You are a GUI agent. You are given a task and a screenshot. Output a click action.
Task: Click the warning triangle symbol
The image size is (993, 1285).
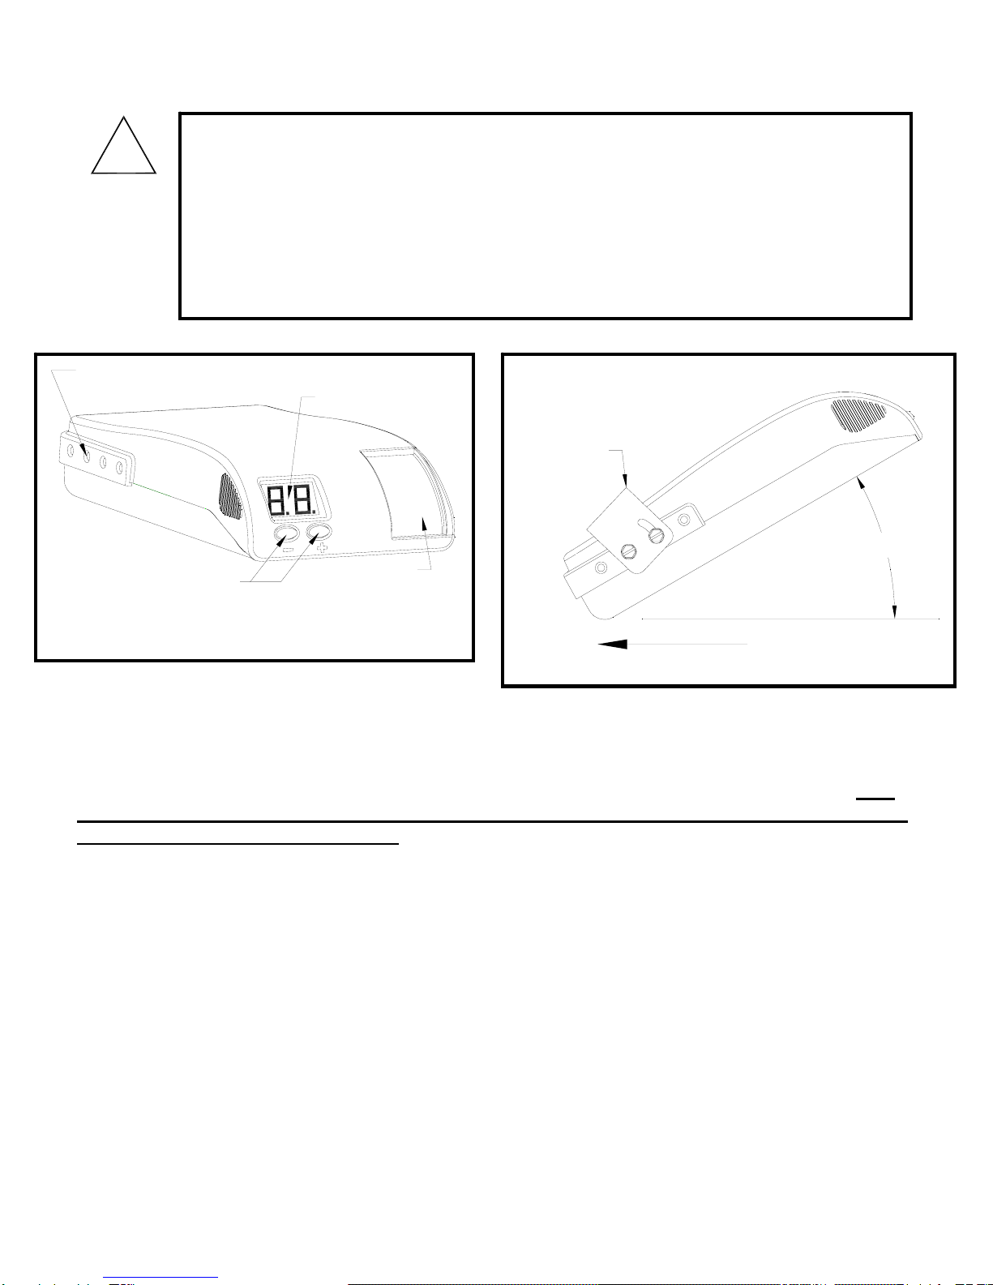pyautogui.click(x=123, y=145)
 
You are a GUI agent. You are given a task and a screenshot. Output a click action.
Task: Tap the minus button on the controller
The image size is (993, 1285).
pyautogui.click(x=286, y=536)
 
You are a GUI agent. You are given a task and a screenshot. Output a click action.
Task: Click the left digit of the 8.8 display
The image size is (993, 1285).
pyautogui.click(x=276, y=500)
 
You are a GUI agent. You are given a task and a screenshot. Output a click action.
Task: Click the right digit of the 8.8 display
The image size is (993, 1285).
pyautogui.click(x=302, y=500)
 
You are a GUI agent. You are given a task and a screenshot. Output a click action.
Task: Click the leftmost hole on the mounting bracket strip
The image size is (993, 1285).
pyautogui.click(x=71, y=452)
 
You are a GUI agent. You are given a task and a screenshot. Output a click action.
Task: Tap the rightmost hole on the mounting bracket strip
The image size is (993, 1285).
pyautogui.click(x=119, y=468)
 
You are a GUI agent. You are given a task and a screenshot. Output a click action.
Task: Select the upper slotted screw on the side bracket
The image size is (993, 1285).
pyautogui.click(x=657, y=537)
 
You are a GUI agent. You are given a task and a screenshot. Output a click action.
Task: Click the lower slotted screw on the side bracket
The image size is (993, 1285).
pyautogui.click(x=628, y=552)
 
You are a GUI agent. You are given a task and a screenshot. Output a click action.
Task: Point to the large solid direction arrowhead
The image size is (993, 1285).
pyautogui.click(x=612, y=644)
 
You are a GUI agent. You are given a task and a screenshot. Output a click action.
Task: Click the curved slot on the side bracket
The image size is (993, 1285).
pyautogui.click(x=644, y=525)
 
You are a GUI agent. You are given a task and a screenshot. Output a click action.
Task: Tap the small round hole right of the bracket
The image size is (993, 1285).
pyautogui.click(x=684, y=520)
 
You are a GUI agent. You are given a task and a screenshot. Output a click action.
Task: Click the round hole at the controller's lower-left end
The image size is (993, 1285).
pyautogui.click(x=601, y=568)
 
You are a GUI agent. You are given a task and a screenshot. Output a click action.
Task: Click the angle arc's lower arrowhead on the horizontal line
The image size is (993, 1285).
pyautogui.click(x=894, y=610)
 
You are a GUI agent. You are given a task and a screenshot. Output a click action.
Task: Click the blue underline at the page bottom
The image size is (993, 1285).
pyautogui.click(x=161, y=1278)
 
